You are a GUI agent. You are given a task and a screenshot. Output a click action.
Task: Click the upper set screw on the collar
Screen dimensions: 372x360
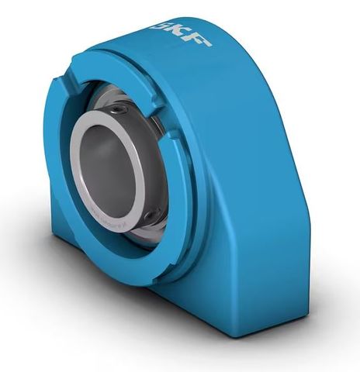click(118, 113)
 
